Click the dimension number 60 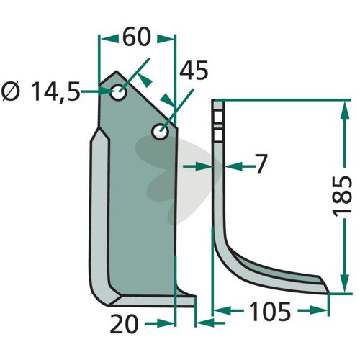coord(137,37)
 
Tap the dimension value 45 coord(194,70)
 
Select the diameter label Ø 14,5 coord(40,91)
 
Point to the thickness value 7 coord(261,163)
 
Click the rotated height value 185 coord(342,197)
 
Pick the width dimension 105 coord(270,311)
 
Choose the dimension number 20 coord(125,324)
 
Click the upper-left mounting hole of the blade coord(118,92)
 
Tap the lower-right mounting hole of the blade coord(160,131)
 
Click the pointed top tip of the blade coord(117,71)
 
